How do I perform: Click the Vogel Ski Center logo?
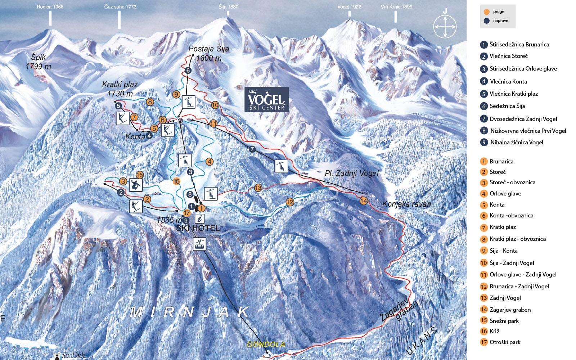pyautogui.click(x=266, y=100)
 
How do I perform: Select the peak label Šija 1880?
pyautogui.click(x=228, y=7)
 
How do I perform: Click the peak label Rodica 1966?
pyautogui.click(x=50, y=7)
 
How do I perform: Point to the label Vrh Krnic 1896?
pyautogui.click(x=396, y=7)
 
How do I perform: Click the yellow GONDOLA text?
pyautogui.click(x=266, y=345)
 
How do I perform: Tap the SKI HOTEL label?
pyautogui.click(x=198, y=228)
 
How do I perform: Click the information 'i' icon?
pyautogui.click(x=200, y=219)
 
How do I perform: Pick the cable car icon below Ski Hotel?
pyautogui.click(x=200, y=244)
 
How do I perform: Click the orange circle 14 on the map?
pyautogui.click(x=364, y=201)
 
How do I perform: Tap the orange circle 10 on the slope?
pyautogui.click(x=215, y=105)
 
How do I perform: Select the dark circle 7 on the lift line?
pyautogui.click(x=252, y=149)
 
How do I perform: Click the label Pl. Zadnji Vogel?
pyautogui.click(x=352, y=174)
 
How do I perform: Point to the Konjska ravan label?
pyautogui.click(x=407, y=204)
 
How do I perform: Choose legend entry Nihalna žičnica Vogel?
pyautogui.click(x=516, y=142)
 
